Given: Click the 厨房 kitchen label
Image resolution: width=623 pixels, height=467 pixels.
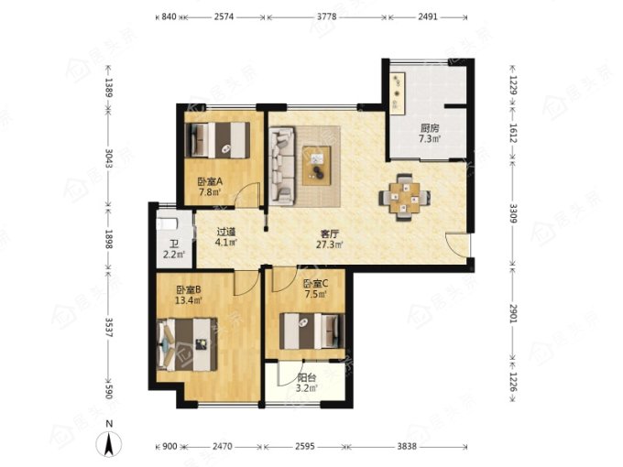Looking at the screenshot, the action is [430, 128].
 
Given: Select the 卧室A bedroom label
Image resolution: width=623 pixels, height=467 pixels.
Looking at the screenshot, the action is [210, 182].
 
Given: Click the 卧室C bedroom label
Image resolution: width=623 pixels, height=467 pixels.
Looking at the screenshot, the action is [315, 284].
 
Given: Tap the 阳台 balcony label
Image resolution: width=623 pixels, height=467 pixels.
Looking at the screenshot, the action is [307, 378].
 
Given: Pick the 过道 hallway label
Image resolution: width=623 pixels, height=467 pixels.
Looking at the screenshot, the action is [226, 232].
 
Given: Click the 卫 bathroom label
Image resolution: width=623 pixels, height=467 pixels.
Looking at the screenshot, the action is [174, 244].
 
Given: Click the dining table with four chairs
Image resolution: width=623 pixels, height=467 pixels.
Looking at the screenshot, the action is [404, 198].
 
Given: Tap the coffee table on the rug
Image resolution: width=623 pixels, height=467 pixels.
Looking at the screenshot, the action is [317, 166].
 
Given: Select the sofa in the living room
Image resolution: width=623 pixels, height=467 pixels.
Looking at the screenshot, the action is [282, 166].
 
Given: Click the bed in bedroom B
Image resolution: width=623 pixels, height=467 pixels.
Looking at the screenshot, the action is [187, 344].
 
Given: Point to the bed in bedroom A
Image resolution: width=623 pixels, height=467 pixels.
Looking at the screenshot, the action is [218, 140].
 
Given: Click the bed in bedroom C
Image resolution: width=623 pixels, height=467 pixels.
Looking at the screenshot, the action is [311, 331].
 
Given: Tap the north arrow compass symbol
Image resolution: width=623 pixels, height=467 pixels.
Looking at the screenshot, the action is [109, 443].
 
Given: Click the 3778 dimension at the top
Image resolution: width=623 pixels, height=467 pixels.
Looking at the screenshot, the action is [326, 16].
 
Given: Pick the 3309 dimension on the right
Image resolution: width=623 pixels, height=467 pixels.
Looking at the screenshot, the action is [513, 213].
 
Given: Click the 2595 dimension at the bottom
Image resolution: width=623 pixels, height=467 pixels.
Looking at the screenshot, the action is [305, 446].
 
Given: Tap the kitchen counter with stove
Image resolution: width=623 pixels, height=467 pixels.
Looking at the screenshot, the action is [398, 93].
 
